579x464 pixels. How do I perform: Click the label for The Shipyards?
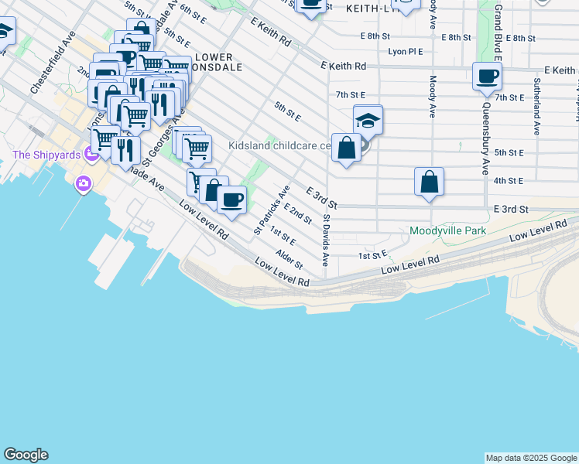[x=46, y=155]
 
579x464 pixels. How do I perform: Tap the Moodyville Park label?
[x=447, y=230]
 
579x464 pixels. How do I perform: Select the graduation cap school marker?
[x=368, y=121]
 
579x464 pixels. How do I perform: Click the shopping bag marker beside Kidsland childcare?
[x=346, y=148]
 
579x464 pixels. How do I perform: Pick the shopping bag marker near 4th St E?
[x=429, y=183]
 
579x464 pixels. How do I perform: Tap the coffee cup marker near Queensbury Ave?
[x=487, y=77]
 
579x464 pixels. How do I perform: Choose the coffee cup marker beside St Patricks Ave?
[x=231, y=200]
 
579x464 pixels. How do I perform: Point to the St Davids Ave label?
[x=327, y=241]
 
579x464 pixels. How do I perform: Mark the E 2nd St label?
[x=297, y=214]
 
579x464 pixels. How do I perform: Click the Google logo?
[x=26, y=455]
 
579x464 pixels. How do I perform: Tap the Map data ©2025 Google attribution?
[x=530, y=458]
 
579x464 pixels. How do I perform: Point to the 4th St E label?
[x=509, y=181]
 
